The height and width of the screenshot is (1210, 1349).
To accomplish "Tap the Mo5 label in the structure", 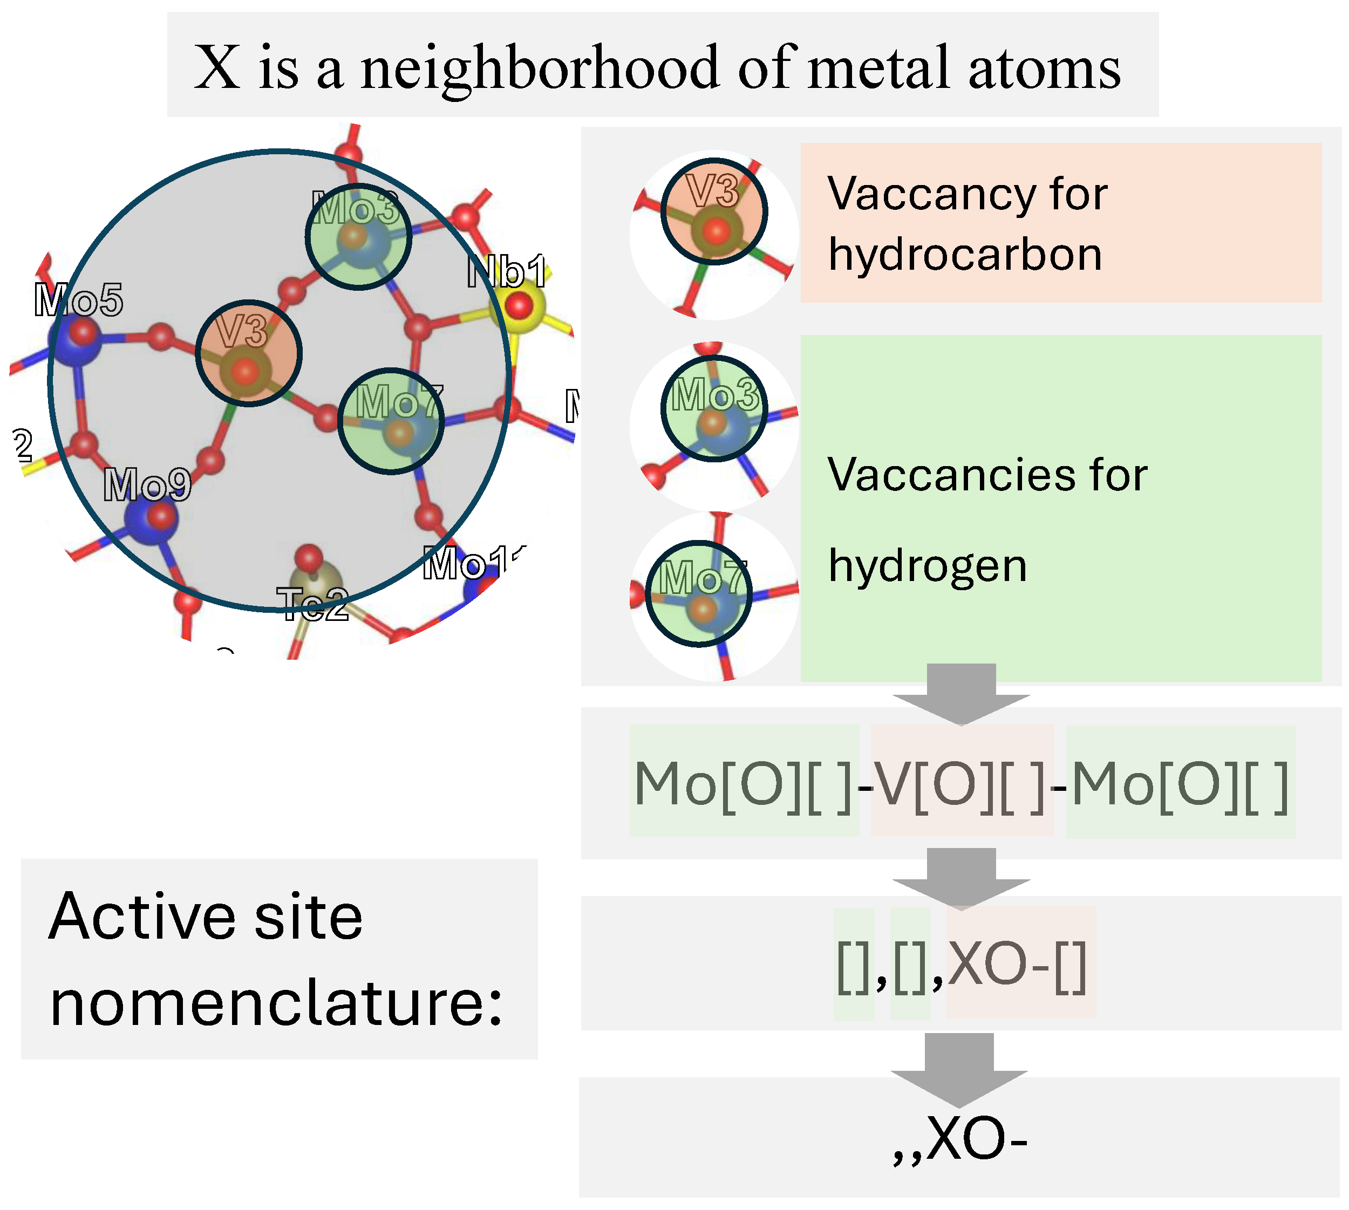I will pyautogui.click(x=78, y=300).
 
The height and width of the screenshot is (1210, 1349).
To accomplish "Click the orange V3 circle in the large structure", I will pyautogui.click(x=249, y=353).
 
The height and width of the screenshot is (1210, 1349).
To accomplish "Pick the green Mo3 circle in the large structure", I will pyautogui.click(x=358, y=237).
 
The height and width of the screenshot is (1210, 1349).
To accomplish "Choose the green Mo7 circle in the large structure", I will pyautogui.click(x=391, y=421).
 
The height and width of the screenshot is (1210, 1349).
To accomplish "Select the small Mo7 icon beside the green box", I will pyautogui.click(x=699, y=593).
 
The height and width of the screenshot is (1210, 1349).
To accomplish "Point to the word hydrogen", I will pyautogui.click(x=928, y=566).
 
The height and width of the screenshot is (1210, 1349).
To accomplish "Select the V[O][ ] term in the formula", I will pyautogui.click(x=960, y=784).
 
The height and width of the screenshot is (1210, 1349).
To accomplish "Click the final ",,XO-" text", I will pyautogui.click(x=960, y=1139).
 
